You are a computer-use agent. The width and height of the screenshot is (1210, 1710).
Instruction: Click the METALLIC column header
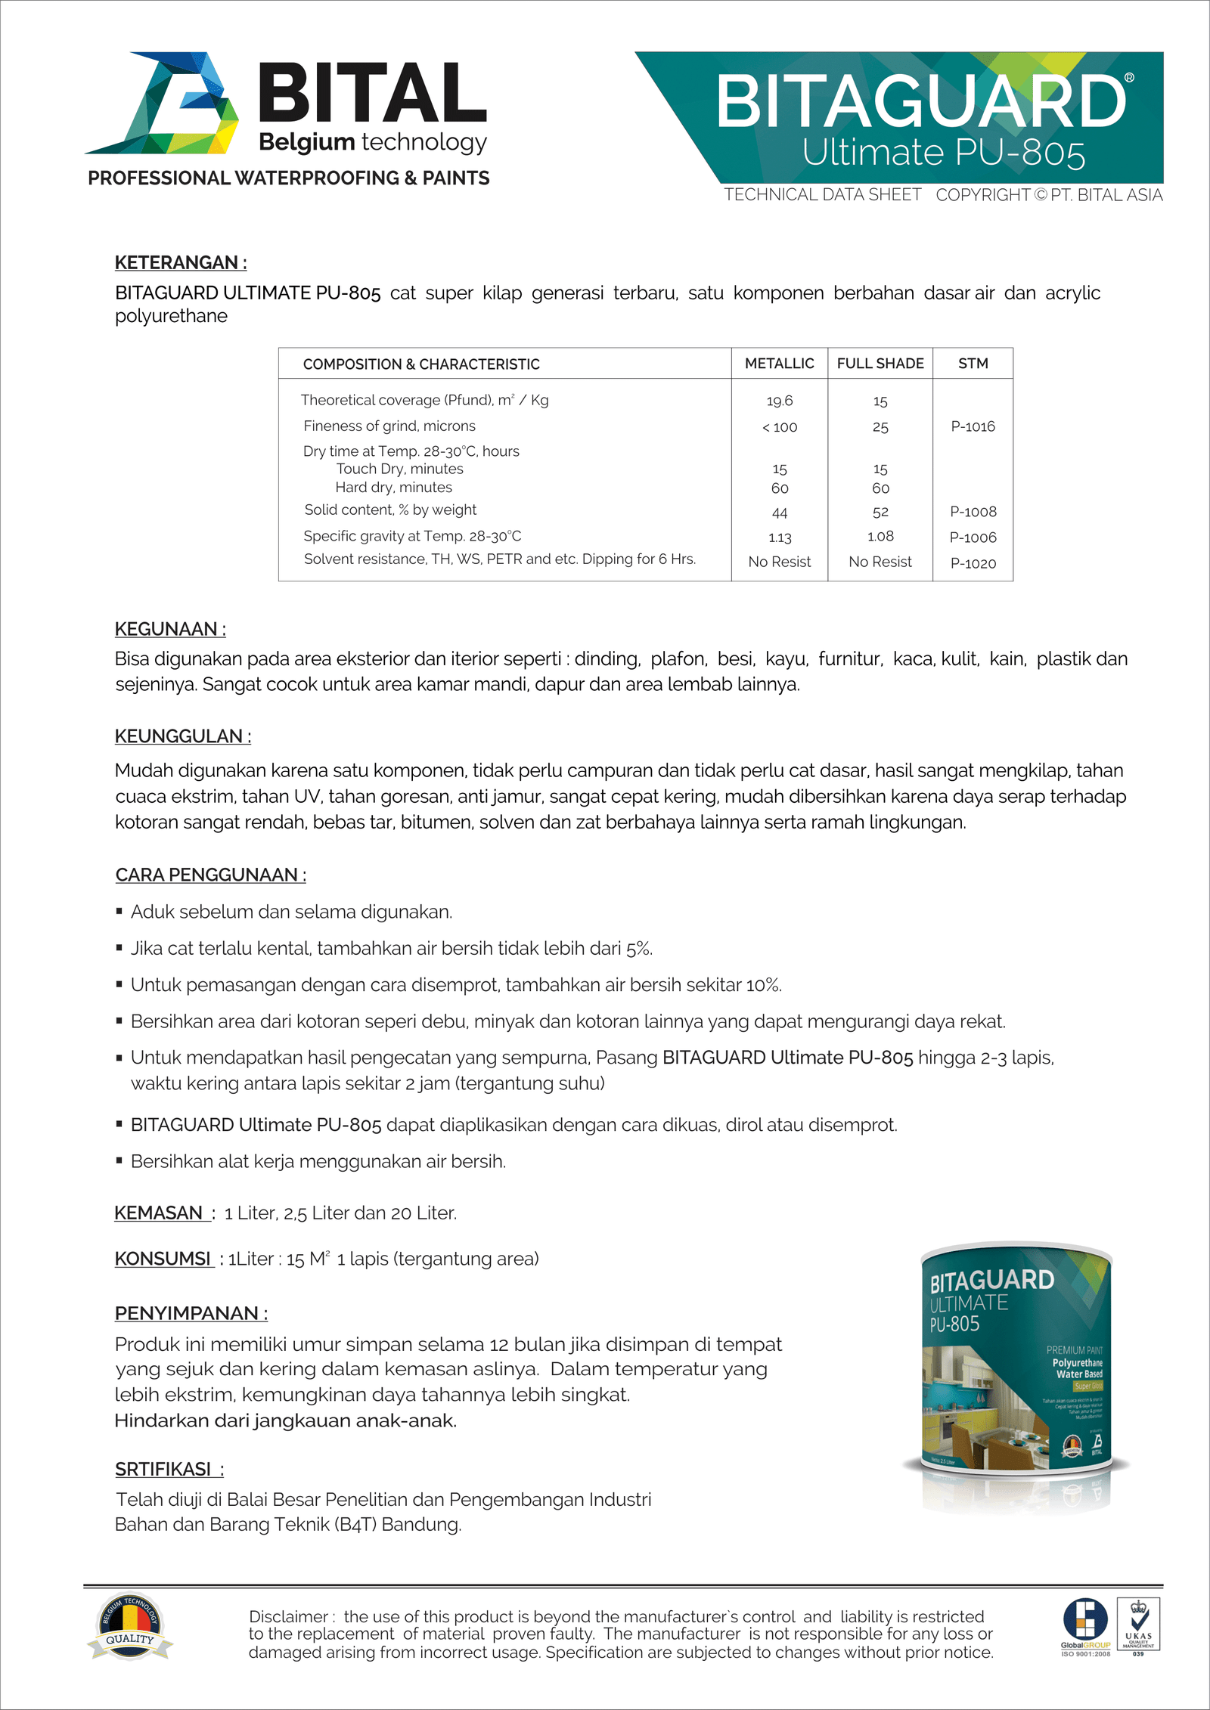[x=779, y=364]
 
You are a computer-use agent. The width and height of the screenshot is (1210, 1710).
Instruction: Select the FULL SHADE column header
[x=880, y=364]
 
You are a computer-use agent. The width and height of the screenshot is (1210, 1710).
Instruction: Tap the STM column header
[x=973, y=364]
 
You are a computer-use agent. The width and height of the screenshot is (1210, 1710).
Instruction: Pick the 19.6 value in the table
[x=779, y=401]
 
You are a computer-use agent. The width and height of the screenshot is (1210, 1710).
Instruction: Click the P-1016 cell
[x=973, y=426]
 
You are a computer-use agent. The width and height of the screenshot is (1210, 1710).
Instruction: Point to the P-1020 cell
[x=973, y=563]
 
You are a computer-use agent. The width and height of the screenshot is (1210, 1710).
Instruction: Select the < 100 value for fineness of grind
[x=779, y=427]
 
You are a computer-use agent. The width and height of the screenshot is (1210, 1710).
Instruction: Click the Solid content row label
[x=390, y=510]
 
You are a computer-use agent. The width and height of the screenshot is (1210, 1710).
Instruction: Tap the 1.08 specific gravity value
[x=880, y=537]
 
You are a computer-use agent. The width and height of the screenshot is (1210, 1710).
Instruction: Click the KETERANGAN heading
[x=180, y=262]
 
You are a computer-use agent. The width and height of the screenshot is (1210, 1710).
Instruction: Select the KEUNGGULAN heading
[x=182, y=736]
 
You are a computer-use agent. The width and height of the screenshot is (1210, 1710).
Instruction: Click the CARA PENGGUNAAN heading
[x=210, y=875]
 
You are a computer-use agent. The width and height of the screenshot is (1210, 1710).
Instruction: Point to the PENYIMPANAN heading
[x=191, y=1313]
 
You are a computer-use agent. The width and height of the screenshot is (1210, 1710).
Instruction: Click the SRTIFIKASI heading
[x=169, y=1469]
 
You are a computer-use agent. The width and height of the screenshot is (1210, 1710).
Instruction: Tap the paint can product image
[x=1016, y=1361]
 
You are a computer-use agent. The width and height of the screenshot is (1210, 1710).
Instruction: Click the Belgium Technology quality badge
[x=130, y=1627]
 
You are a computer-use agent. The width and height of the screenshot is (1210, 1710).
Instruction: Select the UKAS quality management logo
[x=1138, y=1625]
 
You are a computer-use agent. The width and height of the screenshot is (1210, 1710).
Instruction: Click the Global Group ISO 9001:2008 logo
[x=1085, y=1625]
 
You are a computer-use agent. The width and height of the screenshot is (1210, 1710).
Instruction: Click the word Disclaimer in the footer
[x=288, y=1616]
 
